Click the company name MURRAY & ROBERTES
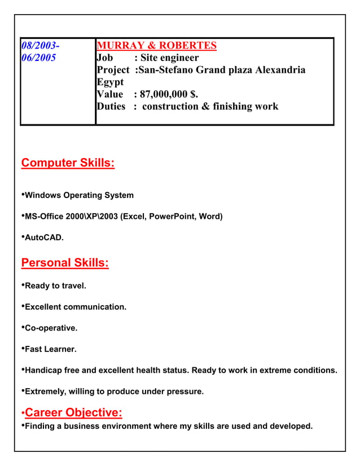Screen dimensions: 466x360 click(156, 46)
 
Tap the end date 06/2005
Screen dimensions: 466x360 click(38, 58)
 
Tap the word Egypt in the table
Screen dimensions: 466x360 click(110, 82)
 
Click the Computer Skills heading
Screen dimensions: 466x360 click(68, 163)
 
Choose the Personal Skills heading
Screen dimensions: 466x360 click(65, 263)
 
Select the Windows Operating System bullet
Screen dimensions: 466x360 click(79, 195)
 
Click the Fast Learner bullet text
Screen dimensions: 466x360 click(51, 349)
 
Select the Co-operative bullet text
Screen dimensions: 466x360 click(51, 328)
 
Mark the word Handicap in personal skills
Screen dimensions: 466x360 click(43, 370)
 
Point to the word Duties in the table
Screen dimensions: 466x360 click(111, 106)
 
